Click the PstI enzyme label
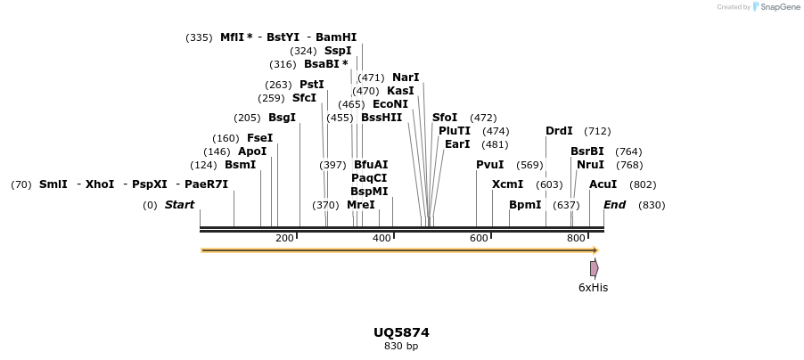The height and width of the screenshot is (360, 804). (x=311, y=85)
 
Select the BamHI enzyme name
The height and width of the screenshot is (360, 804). (x=336, y=37)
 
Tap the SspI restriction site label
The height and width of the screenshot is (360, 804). (x=338, y=51)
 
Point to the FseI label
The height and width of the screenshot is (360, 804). (x=259, y=138)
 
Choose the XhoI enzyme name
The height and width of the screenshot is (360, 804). (x=100, y=184)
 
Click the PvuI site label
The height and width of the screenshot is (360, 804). (x=489, y=165)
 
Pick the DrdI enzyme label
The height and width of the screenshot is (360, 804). (x=559, y=131)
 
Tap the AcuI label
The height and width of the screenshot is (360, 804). (x=603, y=184)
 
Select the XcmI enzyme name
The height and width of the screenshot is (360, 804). (x=507, y=184)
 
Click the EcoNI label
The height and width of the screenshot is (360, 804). (x=390, y=104)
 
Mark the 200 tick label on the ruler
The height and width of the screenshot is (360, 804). (x=284, y=238)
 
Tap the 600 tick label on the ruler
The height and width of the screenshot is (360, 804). (x=479, y=238)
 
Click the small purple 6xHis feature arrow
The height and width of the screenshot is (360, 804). (x=594, y=268)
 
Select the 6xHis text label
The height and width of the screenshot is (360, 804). (x=593, y=288)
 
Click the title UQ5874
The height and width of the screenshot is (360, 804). (x=401, y=332)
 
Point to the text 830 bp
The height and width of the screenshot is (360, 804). (x=401, y=346)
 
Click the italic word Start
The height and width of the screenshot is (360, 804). (x=179, y=205)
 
